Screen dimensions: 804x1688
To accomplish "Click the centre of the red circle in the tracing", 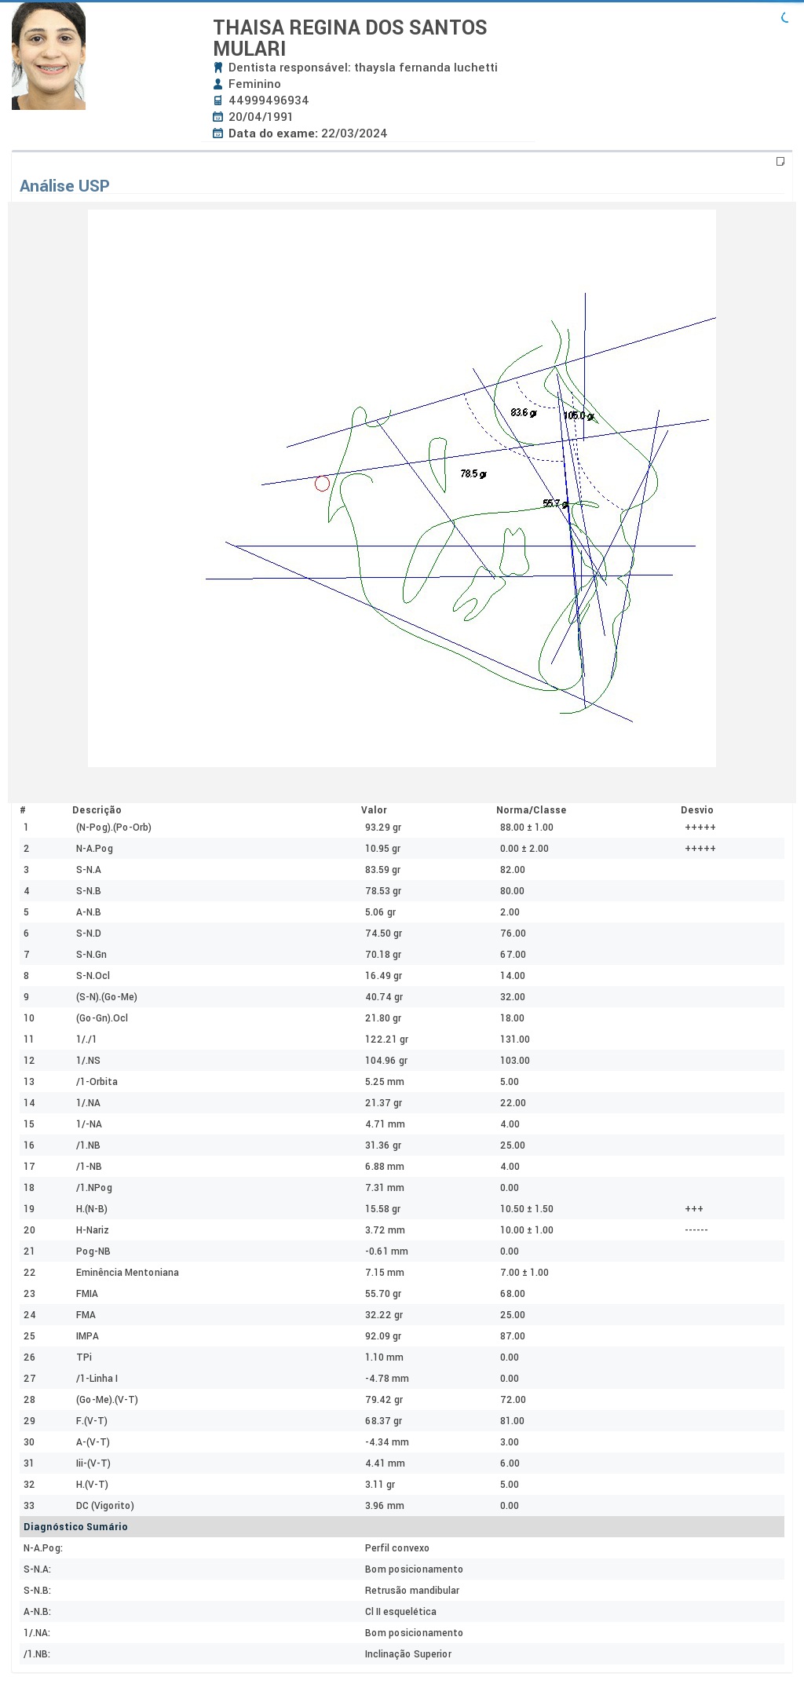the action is pyautogui.click(x=322, y=484).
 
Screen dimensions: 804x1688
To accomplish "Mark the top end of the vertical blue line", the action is pyautogui.click(x=585, y=293).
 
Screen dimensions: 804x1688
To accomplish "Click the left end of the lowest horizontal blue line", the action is pyautogui.click(x=206, y=579).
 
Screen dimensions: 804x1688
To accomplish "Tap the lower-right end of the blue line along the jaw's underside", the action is pyautogui.click(x=633, y=722).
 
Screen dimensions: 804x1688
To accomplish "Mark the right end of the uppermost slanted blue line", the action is pyautogui.click(x=715, y=318).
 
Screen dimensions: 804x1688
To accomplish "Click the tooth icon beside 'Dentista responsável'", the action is pyautogui.click(x=218, y=68).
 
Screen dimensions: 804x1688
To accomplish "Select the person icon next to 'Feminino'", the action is pyautogui.click(x=218, y=84).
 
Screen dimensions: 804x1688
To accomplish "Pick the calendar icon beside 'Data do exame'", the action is pyautogui.click(x=218, y=133).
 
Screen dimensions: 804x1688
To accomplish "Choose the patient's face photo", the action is pyautogui.click(x=49, y=56).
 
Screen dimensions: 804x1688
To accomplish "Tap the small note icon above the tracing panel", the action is pyautogui.click(x=780, y=162).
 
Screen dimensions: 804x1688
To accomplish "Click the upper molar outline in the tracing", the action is pyautogui.click(x=514, y=552).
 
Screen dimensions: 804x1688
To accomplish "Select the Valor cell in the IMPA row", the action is pyautogui.click(x=384, y=1335).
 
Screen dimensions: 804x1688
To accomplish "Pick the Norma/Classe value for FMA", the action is pyautogui.click(x=513, y=1314).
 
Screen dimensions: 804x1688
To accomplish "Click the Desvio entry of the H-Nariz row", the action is pyautogui.click(x=696, y=1229).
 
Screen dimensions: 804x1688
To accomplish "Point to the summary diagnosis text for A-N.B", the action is pyautogui.click(x=400, y=1611).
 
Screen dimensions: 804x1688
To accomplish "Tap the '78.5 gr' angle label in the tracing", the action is pyautogui.click(x=473, y=473).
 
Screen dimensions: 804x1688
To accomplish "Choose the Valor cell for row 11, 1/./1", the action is pyautogui.click(x=386, y=1039).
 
